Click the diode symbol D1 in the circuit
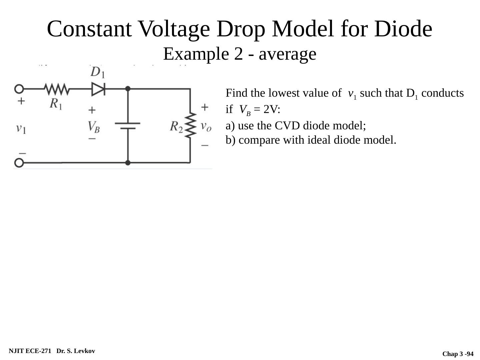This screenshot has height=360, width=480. click(x=98, y=89)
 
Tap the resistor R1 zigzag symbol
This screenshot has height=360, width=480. click(x=57, y=89)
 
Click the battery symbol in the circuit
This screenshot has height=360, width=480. click(x=128, y=125)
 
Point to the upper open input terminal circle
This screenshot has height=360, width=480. click(x=19, y=89)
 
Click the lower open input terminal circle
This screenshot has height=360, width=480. click(x=19, y=163)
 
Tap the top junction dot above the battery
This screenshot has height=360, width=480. click(x=128, y=89)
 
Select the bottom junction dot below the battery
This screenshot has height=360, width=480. click(x=128, y=163)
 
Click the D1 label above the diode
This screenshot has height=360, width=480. click(x=97, y=72)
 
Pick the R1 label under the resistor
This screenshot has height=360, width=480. click(x=56, y=104)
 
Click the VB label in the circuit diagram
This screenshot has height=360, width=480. click(x=94, y=127)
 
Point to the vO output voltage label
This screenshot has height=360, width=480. click(x=206, y=126)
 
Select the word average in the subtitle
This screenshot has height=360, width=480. click(x=287, y=54)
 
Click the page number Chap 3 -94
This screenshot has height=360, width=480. click(x=458, y=354)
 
